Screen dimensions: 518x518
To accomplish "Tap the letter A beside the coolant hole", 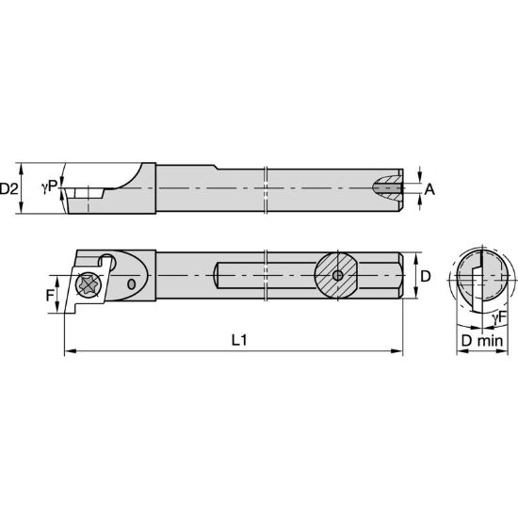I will (x=429, y=188).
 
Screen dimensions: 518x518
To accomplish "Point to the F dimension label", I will (x=52, y=292).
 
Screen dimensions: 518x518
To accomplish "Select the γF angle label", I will (x=501, y=317).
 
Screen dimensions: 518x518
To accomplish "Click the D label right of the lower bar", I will (x=426, y=277).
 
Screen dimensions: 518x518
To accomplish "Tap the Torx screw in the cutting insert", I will (x=90, y=283).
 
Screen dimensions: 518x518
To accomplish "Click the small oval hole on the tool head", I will (x=131, y=283).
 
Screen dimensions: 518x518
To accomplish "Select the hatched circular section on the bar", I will (x=338, y=275).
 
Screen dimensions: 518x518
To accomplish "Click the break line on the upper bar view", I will (x=268, y=188).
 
